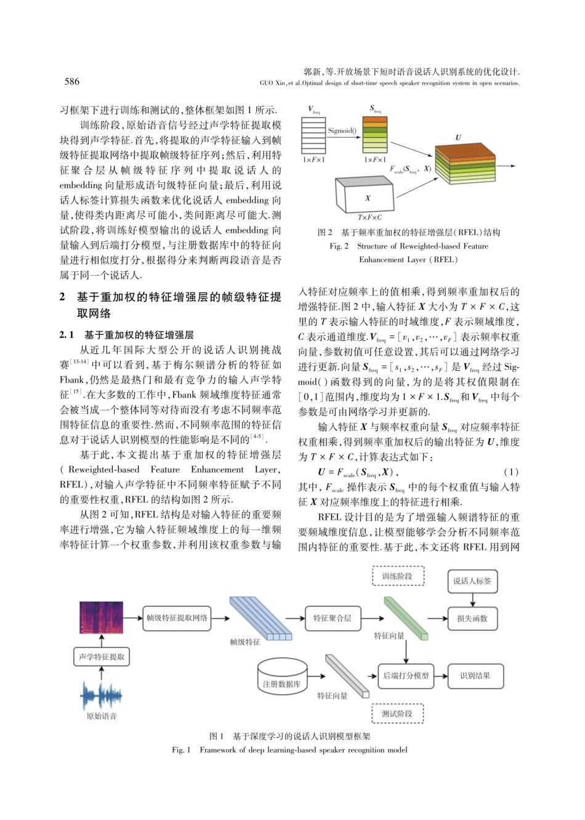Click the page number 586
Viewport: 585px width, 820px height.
(x=72, y=81)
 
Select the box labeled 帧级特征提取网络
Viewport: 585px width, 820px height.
(x=177, y=618)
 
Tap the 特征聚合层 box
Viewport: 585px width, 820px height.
(x=333, y=618)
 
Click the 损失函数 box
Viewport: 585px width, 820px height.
(x=472, y=618)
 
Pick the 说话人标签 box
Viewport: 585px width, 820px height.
(x=472, y=581)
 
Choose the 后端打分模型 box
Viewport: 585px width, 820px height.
(x=406, y=675)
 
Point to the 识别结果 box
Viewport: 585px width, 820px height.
(x=475, y=675)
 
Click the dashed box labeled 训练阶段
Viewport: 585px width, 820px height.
(x=398, y=576)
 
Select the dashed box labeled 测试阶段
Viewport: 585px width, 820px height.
(x=398, y=713)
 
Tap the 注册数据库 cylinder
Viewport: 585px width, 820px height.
(x=282, y=677)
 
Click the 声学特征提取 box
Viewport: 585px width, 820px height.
(x=102, y=657)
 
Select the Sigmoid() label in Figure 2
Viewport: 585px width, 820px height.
(x=342, y=131)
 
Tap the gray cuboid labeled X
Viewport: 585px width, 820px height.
(x=366, y=196)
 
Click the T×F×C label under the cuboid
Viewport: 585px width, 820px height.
(x=369, y=217)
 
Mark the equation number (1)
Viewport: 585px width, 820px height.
(x=511, y=472)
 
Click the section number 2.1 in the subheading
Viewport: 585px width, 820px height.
(x=67, y=335)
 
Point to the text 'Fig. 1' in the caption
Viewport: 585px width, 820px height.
(x=182, y=750)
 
